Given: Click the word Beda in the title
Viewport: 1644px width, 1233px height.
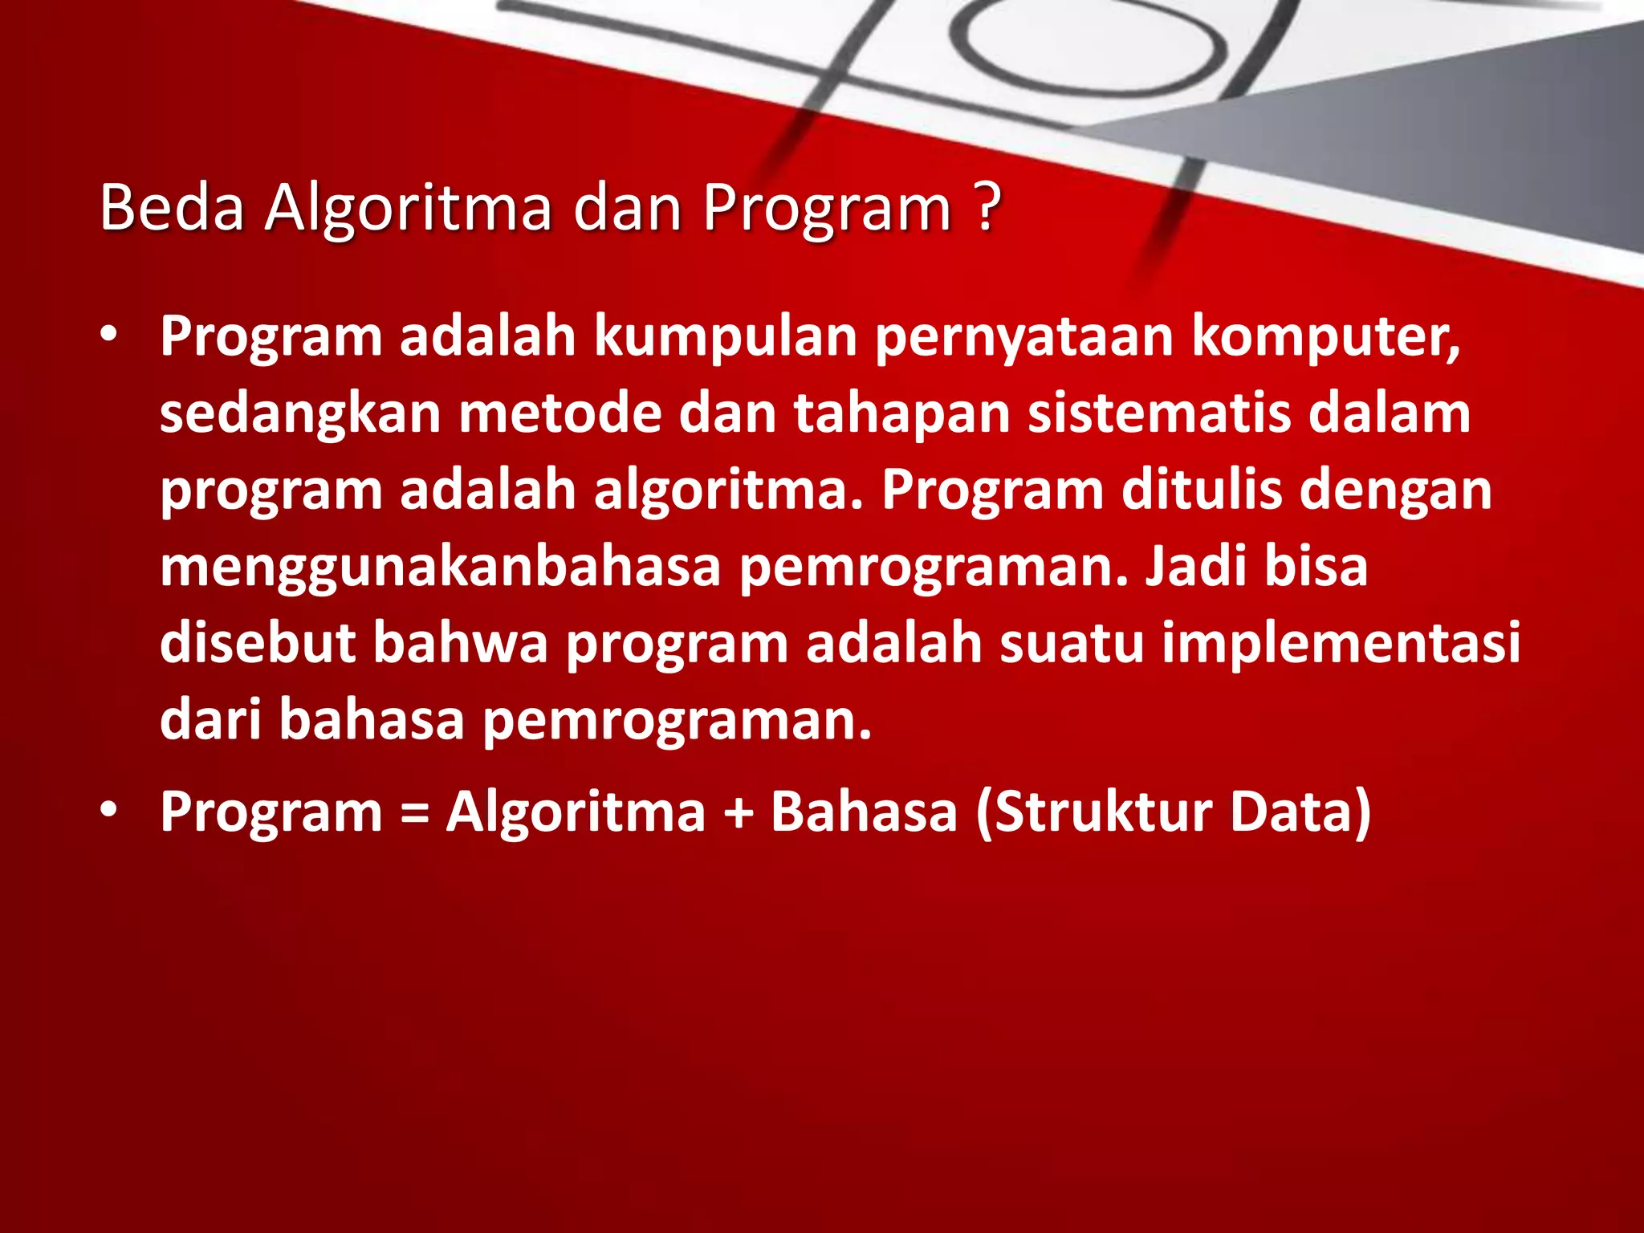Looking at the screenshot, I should click(171, 209).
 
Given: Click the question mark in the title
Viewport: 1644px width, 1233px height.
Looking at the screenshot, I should click(988, 207).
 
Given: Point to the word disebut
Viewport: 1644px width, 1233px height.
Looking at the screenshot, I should click(257, 642).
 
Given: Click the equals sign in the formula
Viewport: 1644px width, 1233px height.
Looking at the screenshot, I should click(414, 812).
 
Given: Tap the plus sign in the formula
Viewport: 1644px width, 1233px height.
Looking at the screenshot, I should click(738, 812).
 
